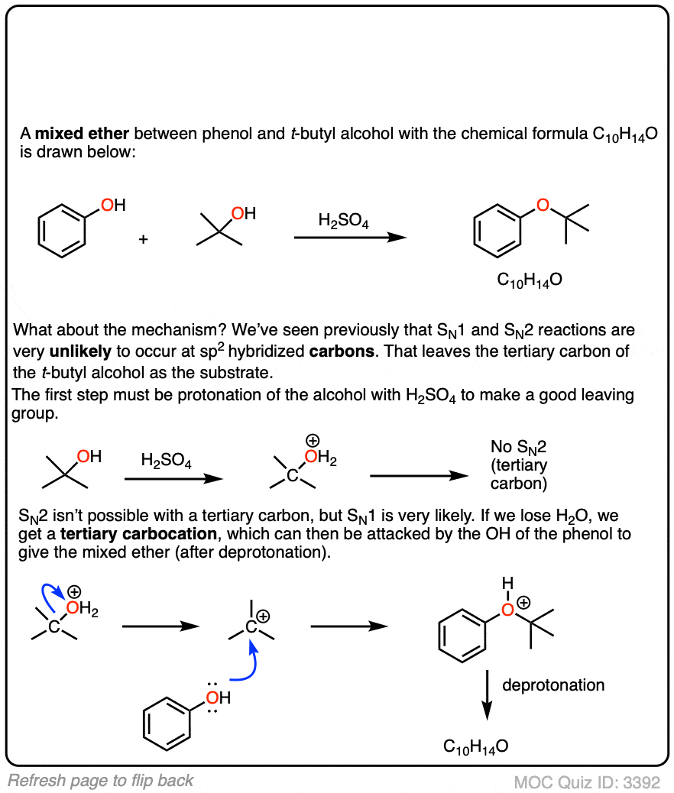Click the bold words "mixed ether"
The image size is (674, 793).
(82, 135)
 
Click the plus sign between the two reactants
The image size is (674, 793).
(143, 239)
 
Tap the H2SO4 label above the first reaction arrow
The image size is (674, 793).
(344, 220)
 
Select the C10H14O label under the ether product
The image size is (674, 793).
(530, 280)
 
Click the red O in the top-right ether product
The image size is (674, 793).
(543, 204)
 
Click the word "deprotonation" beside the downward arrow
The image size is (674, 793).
(552, 685)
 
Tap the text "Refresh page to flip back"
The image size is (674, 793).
(100, 780)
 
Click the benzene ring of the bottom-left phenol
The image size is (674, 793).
(167, 722)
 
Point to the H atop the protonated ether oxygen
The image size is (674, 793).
(505, 584)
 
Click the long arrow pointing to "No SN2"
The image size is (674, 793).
(418, 475)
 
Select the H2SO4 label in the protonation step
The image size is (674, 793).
(167, 461)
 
